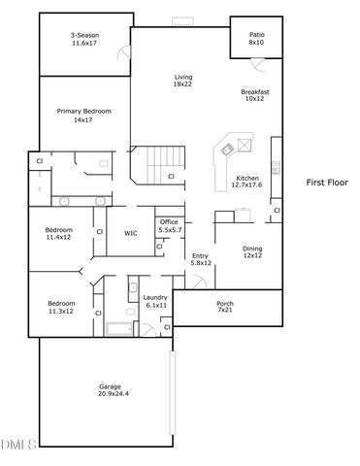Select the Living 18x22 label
tap(182, 81)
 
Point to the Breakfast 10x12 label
tap(255, 95)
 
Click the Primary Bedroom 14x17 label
tap(82, 116)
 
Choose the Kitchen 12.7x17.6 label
tap(247, 183)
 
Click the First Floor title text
tap(327, 182)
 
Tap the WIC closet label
tap(130, 234)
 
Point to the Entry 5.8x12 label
tap(200, 259)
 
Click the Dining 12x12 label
tap(251, 251)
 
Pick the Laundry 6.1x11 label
tap(155, 301)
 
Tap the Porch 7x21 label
tap(224, 307)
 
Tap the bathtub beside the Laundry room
tap(118, 327)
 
